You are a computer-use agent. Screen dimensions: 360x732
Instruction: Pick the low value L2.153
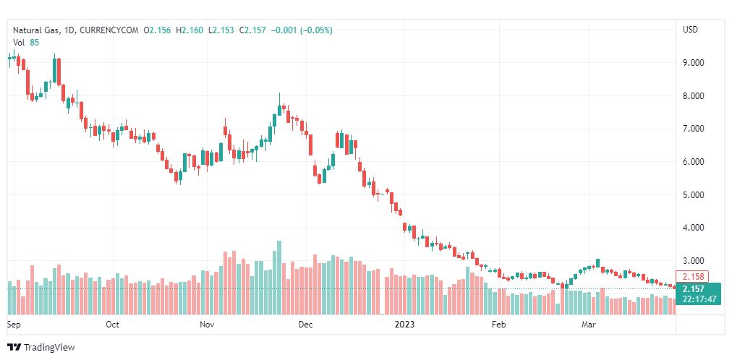[221, 30]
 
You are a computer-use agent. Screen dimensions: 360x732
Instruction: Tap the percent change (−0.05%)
[312, 30]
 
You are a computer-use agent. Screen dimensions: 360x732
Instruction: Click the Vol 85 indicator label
[26, 42]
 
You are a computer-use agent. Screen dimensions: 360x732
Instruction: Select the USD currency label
[690, 30]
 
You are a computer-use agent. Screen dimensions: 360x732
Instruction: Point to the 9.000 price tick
[693, 63]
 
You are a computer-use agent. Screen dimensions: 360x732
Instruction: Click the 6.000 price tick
[693, 162]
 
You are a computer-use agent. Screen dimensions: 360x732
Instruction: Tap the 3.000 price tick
[693, 261]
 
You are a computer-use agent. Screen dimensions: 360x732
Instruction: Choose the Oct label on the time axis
[112, 325]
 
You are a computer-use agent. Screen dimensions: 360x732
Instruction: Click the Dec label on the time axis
[305, 325]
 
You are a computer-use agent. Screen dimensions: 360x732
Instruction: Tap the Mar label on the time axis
[588, 325]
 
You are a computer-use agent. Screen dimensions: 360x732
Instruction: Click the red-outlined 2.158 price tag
[691, 276]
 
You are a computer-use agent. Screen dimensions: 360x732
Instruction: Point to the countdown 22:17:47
[698, 299]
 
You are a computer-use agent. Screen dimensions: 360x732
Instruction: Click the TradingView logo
[41, 348]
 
